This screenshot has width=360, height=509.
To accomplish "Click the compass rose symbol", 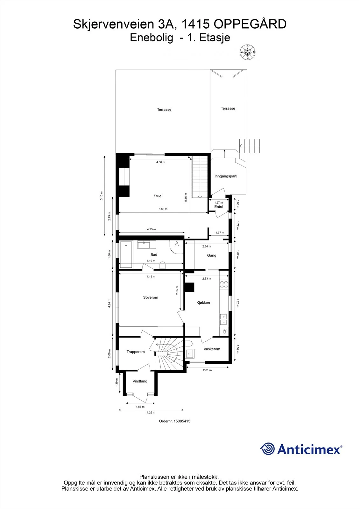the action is [x=248, y=52].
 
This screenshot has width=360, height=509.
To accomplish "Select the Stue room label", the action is [x=157, y=196].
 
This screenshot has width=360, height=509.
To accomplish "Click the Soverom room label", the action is [x=151, y=297].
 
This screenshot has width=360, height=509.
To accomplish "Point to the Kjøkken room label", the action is [x=203, y=303].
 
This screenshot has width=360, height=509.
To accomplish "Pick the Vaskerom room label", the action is [x=212, y=349].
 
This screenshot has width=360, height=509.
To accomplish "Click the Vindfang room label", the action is [x=140, y=381].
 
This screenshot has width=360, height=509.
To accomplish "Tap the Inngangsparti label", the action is [x=226, y=176].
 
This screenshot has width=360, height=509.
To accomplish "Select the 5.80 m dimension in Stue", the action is [x=163, y=209].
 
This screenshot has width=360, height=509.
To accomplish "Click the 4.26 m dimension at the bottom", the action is [x=151, y=412].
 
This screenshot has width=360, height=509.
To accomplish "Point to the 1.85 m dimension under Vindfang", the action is [x=140, y=407].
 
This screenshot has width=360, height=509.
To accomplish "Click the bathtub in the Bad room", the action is [x=126, y=255].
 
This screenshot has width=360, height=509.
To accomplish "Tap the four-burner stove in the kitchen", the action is [x=224, y=285].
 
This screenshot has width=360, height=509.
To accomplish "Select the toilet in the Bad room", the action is [x=162, y=265].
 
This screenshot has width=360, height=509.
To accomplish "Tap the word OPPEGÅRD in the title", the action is [x=250, y=24].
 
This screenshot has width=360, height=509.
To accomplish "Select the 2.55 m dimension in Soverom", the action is [x=177, y=290].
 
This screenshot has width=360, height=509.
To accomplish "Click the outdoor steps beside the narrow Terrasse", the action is [x=250, y=146].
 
